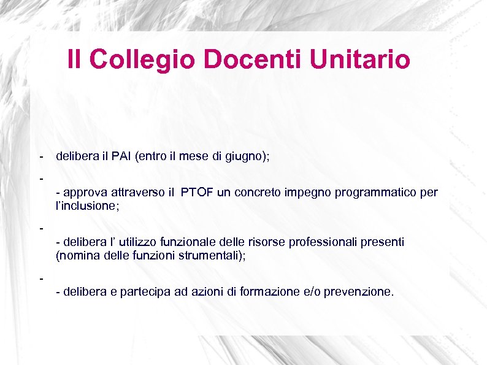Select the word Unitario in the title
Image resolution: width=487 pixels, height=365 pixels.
(x=360, y=60)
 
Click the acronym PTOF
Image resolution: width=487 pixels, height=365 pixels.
(x=197, y=193)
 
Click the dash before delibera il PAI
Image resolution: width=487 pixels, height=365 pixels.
(x=40, y=157)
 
